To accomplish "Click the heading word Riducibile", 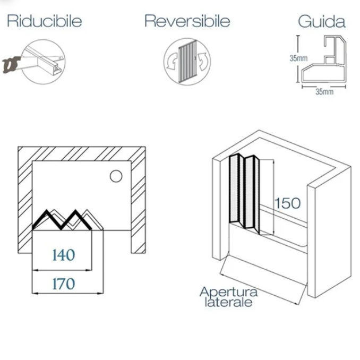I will click(x=44, y=21).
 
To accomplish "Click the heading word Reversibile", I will click(x=187, y=21).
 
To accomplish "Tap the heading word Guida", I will click(x=322, y=22).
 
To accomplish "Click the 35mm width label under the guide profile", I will click(x=324, y=91).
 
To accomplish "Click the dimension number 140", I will click(x=64, y=255).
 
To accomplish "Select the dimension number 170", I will click(x=64, y=284).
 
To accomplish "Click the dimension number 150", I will click(x=287, y=203).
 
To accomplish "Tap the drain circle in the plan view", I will click(x=115, y=176).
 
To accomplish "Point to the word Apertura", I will click(x=229, y=292).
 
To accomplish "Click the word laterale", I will click(x=229, y=302).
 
